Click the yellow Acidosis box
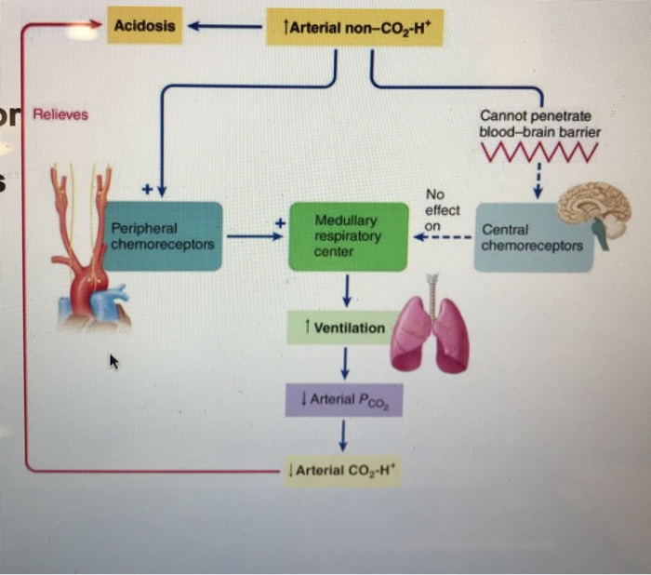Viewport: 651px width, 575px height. pyautogui.click(x=143, y=26)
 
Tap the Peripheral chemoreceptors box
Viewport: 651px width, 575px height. pyautogui.click(x=163, y=236)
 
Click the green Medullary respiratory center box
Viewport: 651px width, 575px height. pyautogui.click(x=347, y=236)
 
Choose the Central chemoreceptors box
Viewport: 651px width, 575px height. pyautogui.click(x=533, y=238)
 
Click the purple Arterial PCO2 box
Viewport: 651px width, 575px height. pyautogui.click(x=344, y=399)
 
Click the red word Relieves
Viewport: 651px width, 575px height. pyautogui.click(x=60, y=114)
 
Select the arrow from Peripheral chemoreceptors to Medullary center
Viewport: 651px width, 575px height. pyautogui.click(x=252, y=237)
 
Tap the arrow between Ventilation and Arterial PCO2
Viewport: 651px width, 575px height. pyautogui.click(x=344, y=363)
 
